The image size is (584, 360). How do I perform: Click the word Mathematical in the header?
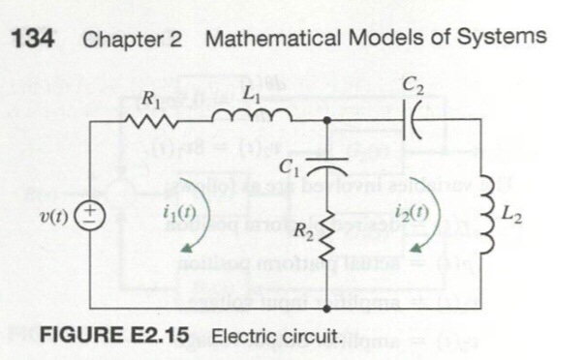[273, 40]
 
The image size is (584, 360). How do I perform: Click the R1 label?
[153, 97]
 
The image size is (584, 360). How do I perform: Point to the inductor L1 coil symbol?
[251, 116]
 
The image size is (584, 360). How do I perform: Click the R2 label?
[303, 232]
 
